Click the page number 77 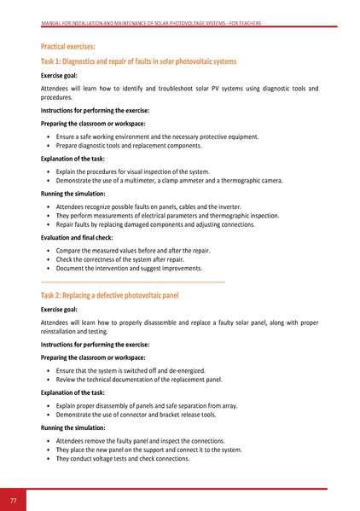click(x=14, y=499)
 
